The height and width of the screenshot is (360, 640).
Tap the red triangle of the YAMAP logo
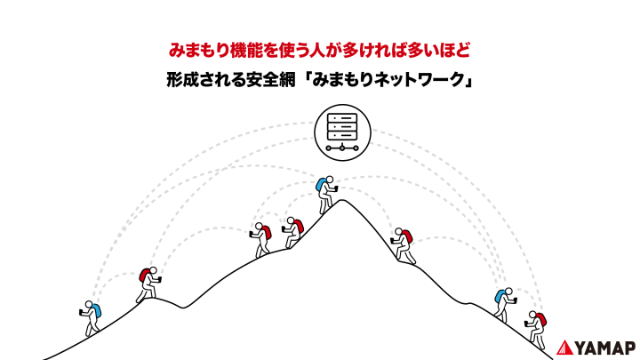564,348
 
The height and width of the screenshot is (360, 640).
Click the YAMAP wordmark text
605,348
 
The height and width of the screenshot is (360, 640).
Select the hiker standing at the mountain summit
326,195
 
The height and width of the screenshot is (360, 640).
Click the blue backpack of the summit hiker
321,185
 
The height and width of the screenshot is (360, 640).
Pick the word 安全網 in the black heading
270,79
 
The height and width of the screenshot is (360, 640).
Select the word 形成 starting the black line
182,79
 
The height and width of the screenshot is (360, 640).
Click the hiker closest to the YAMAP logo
536,330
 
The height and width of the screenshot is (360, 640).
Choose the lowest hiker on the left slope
90,318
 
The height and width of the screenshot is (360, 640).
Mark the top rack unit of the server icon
342,118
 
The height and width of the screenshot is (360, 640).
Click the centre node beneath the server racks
342,148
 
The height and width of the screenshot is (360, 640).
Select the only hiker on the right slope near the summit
403,245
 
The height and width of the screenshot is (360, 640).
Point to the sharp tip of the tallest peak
342,200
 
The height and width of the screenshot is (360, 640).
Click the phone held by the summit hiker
335,188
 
